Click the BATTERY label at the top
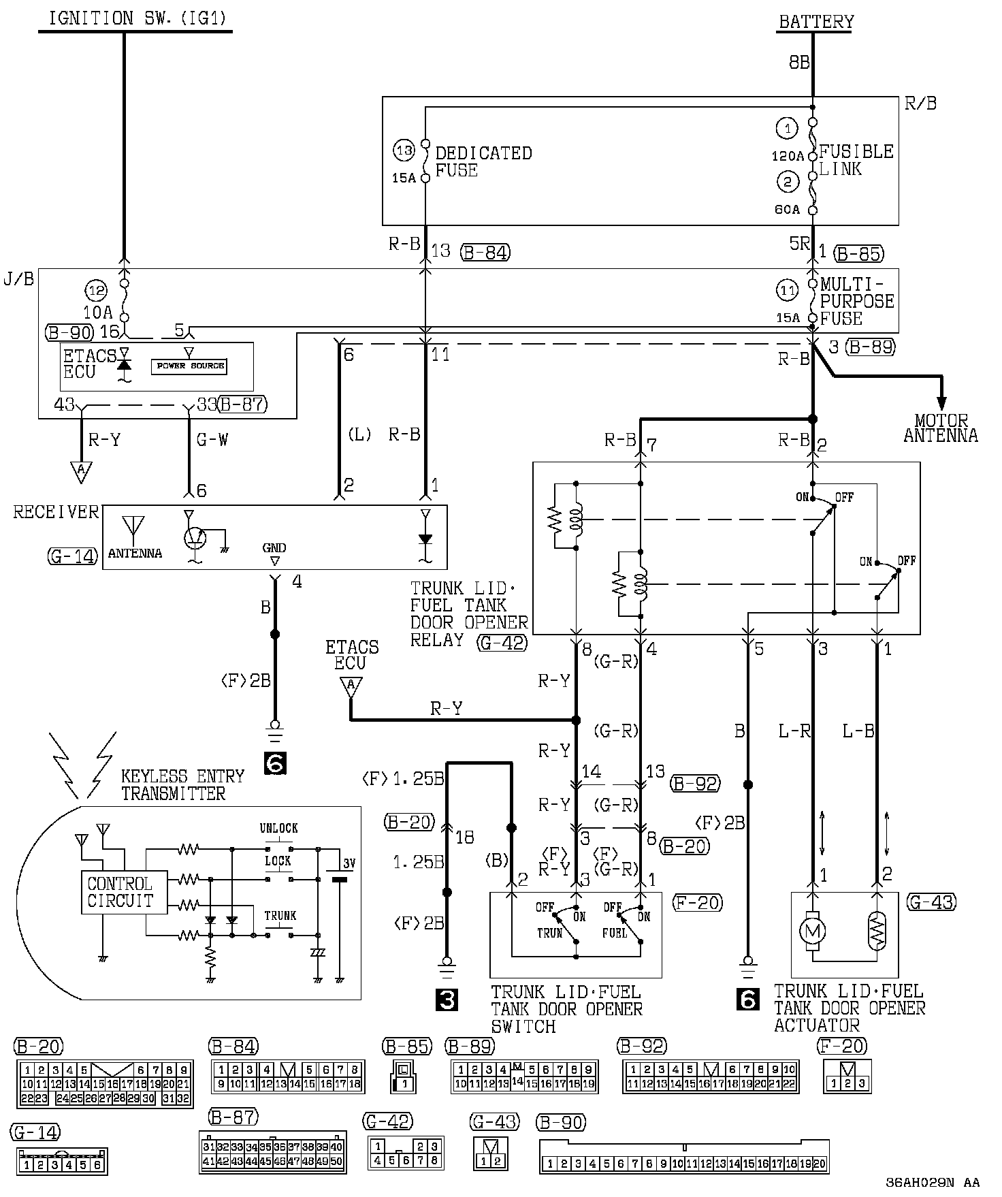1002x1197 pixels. click(816, 22)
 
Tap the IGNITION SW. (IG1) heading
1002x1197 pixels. click(135, 19)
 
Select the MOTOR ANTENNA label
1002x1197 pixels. click(941, 428)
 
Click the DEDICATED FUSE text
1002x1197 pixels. click(483, 161)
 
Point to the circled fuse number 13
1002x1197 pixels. click(404, 150)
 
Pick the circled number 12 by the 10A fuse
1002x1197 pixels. click(96, 291)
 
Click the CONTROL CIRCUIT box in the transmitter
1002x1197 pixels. click(120, 892)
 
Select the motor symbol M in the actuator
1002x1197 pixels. click(813, 930)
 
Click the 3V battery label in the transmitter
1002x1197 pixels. click(349, 863)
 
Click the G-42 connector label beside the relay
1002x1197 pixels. click(502, 642)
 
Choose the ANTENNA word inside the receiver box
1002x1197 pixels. click(135, 553)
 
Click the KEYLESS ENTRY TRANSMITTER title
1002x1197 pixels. click(182, 784)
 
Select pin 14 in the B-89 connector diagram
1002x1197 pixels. click(518, 1081)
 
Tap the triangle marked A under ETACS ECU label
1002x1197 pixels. click(351, 686)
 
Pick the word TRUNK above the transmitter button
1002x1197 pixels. click(280, 916)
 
